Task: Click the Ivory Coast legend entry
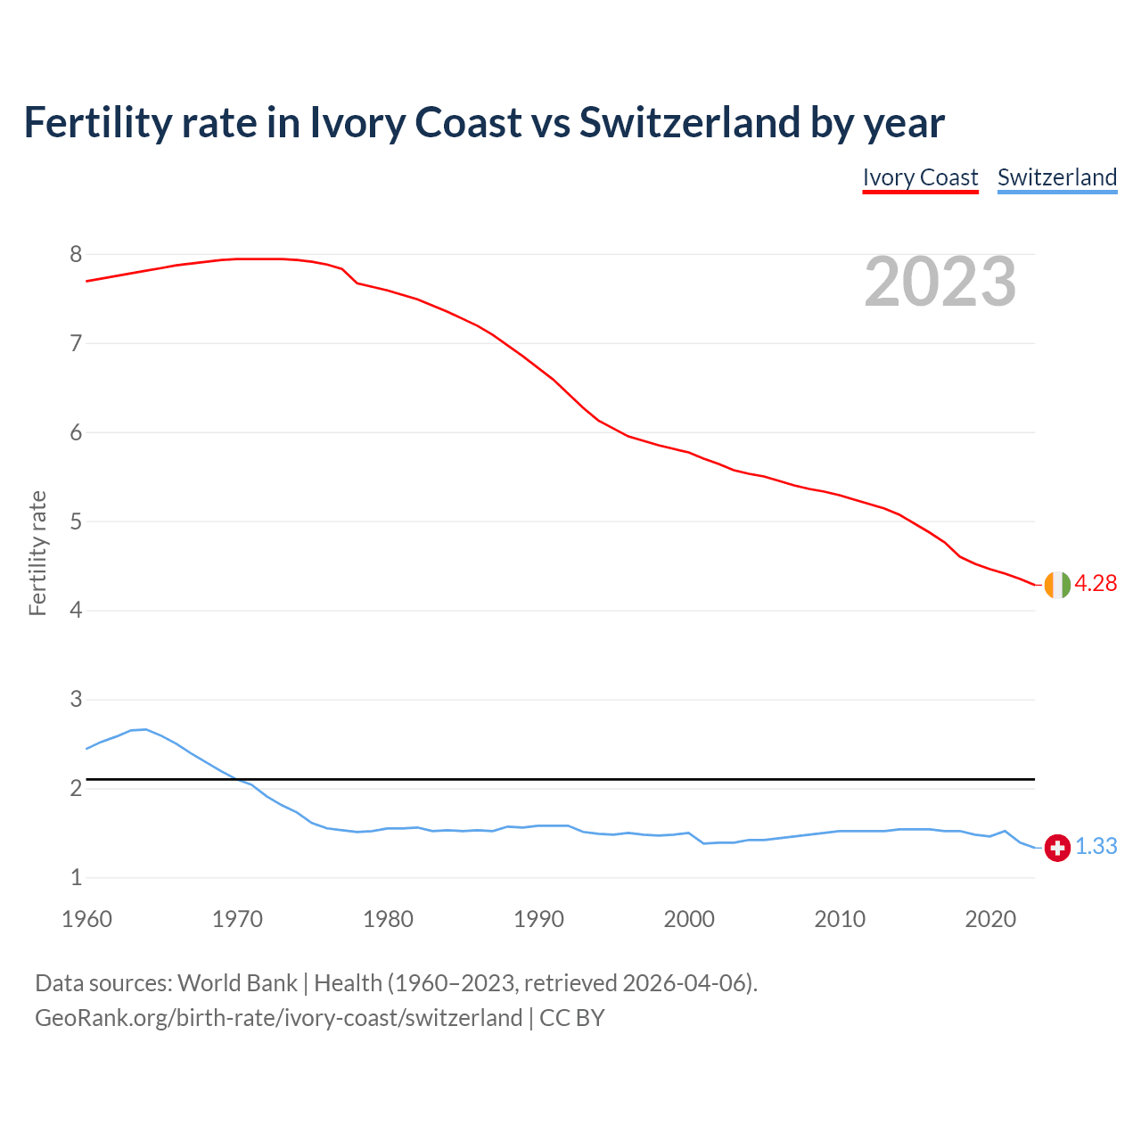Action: point(920,177)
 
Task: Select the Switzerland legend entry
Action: point(1056,177)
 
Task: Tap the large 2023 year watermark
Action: point(940,282)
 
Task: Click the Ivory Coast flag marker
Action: point(1056,585)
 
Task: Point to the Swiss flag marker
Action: point(1056,848)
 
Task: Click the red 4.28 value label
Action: point(1096,584)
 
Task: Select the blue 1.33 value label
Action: point(1096,847)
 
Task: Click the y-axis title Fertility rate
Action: point(37,553)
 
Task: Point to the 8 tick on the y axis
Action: point(76,255)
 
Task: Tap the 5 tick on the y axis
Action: point(76,521)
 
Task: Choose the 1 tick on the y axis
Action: point(76,878)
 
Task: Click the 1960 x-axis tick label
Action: point(86,919)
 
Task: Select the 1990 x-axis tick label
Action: point(538,919)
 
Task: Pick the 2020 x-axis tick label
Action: point(990,919)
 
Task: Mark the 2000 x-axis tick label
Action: point(689,919)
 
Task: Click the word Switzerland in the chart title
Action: point(689,122)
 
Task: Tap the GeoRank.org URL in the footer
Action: point(278,1018)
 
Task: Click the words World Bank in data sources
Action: point(237,983)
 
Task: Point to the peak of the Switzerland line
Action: point(144,729)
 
